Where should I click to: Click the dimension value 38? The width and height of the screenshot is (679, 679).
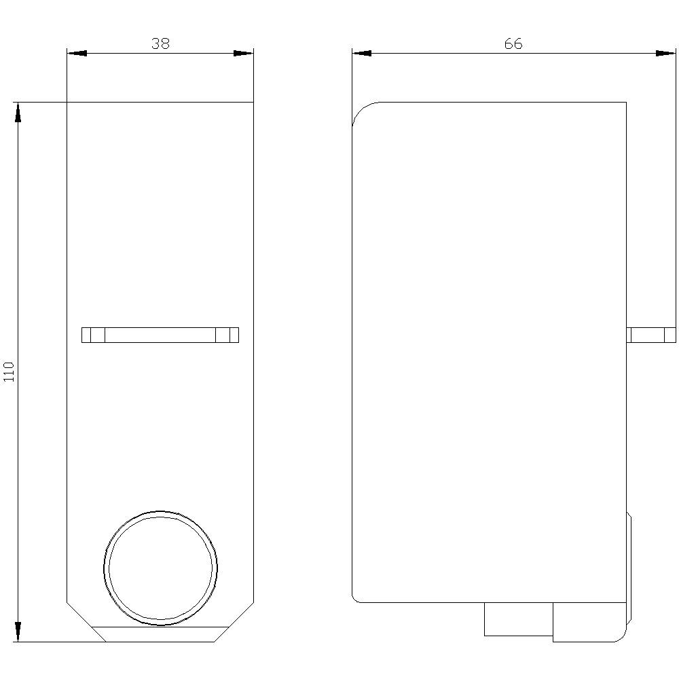(160, 43)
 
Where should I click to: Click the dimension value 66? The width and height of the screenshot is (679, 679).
(513, 43)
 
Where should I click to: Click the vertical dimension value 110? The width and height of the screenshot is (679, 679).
(9, 372)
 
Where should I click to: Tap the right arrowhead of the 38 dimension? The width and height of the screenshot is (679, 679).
(244, 53)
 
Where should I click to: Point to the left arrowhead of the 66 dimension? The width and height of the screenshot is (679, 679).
(362, 53)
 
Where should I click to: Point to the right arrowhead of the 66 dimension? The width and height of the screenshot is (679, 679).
(666, 53)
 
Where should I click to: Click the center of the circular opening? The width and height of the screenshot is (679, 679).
(161, 568)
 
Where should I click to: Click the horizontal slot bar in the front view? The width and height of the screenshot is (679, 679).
(160, 335)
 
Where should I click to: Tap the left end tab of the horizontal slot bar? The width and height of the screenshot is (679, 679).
(93, 335)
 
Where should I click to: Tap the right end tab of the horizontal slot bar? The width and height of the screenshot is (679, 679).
(227, 335)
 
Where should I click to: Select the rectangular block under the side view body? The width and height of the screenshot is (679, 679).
(518, 619)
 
